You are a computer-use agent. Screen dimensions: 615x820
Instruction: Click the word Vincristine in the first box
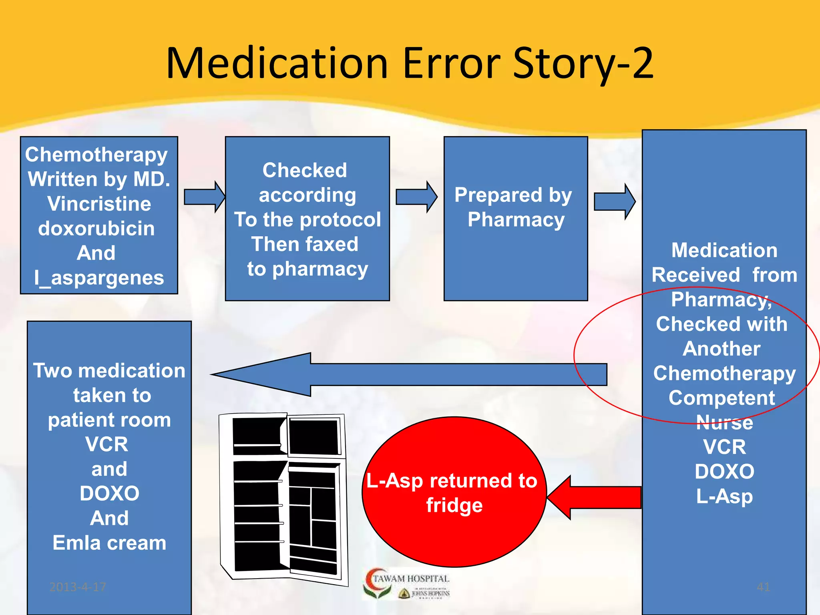pos(99,203)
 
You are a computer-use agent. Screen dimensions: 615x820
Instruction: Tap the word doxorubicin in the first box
pos(96,228)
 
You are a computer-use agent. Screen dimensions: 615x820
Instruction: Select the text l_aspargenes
pos(99,277)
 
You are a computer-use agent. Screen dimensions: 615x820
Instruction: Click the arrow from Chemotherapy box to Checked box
pos(204,197)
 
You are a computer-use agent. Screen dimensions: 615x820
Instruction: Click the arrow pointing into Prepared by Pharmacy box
pos(416,197)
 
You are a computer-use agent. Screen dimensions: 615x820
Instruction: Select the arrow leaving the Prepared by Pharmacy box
pos(614,201)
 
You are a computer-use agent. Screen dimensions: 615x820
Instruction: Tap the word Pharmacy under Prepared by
pos(516,219)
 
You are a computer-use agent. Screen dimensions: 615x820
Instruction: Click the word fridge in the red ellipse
pos(454,505)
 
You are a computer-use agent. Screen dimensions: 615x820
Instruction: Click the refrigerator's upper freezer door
pos(315,436)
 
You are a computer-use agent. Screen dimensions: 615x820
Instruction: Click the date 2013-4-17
pos(78,587)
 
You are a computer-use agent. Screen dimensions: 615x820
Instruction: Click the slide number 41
pos(763,587)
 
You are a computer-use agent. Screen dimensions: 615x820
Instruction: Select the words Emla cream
pos(109,543)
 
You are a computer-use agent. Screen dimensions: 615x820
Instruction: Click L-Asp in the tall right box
pos(724,496)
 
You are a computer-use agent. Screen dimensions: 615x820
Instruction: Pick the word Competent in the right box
pos(722,398)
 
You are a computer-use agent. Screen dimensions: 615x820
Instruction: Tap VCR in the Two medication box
pos(107,444)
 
